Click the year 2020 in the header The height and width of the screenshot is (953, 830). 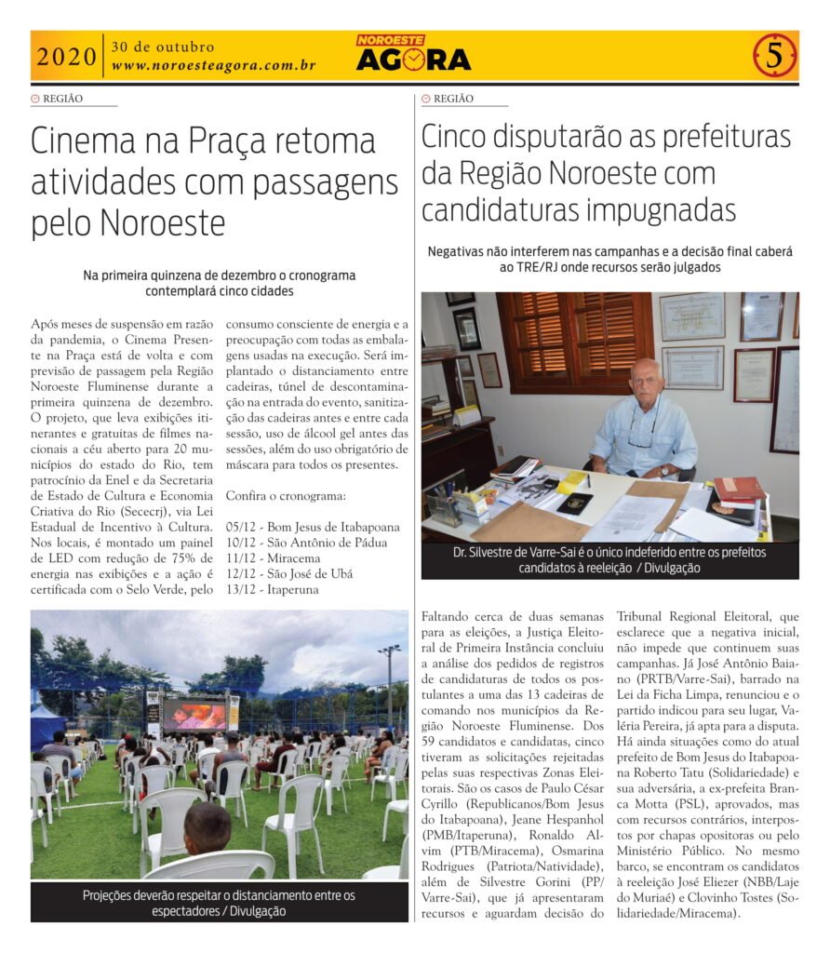click(66, 57)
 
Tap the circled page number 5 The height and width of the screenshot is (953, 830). click(774, 56)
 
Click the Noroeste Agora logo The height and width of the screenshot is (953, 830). click(413, 54)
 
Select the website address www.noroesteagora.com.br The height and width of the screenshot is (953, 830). click(213, 66)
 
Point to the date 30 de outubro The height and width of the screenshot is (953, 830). click(163, 47)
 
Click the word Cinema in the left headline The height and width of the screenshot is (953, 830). click(86, 141)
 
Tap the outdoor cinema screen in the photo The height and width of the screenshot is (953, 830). click(194, 714)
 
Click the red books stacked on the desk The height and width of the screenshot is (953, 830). click(739, 490)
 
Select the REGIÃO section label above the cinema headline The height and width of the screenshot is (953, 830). click(63, 98)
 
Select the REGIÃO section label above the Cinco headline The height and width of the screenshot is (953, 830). click(453, 98)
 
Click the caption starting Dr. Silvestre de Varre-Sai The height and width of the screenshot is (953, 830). click(609, 559)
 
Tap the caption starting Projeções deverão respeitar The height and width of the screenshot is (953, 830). click(219, 904)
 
